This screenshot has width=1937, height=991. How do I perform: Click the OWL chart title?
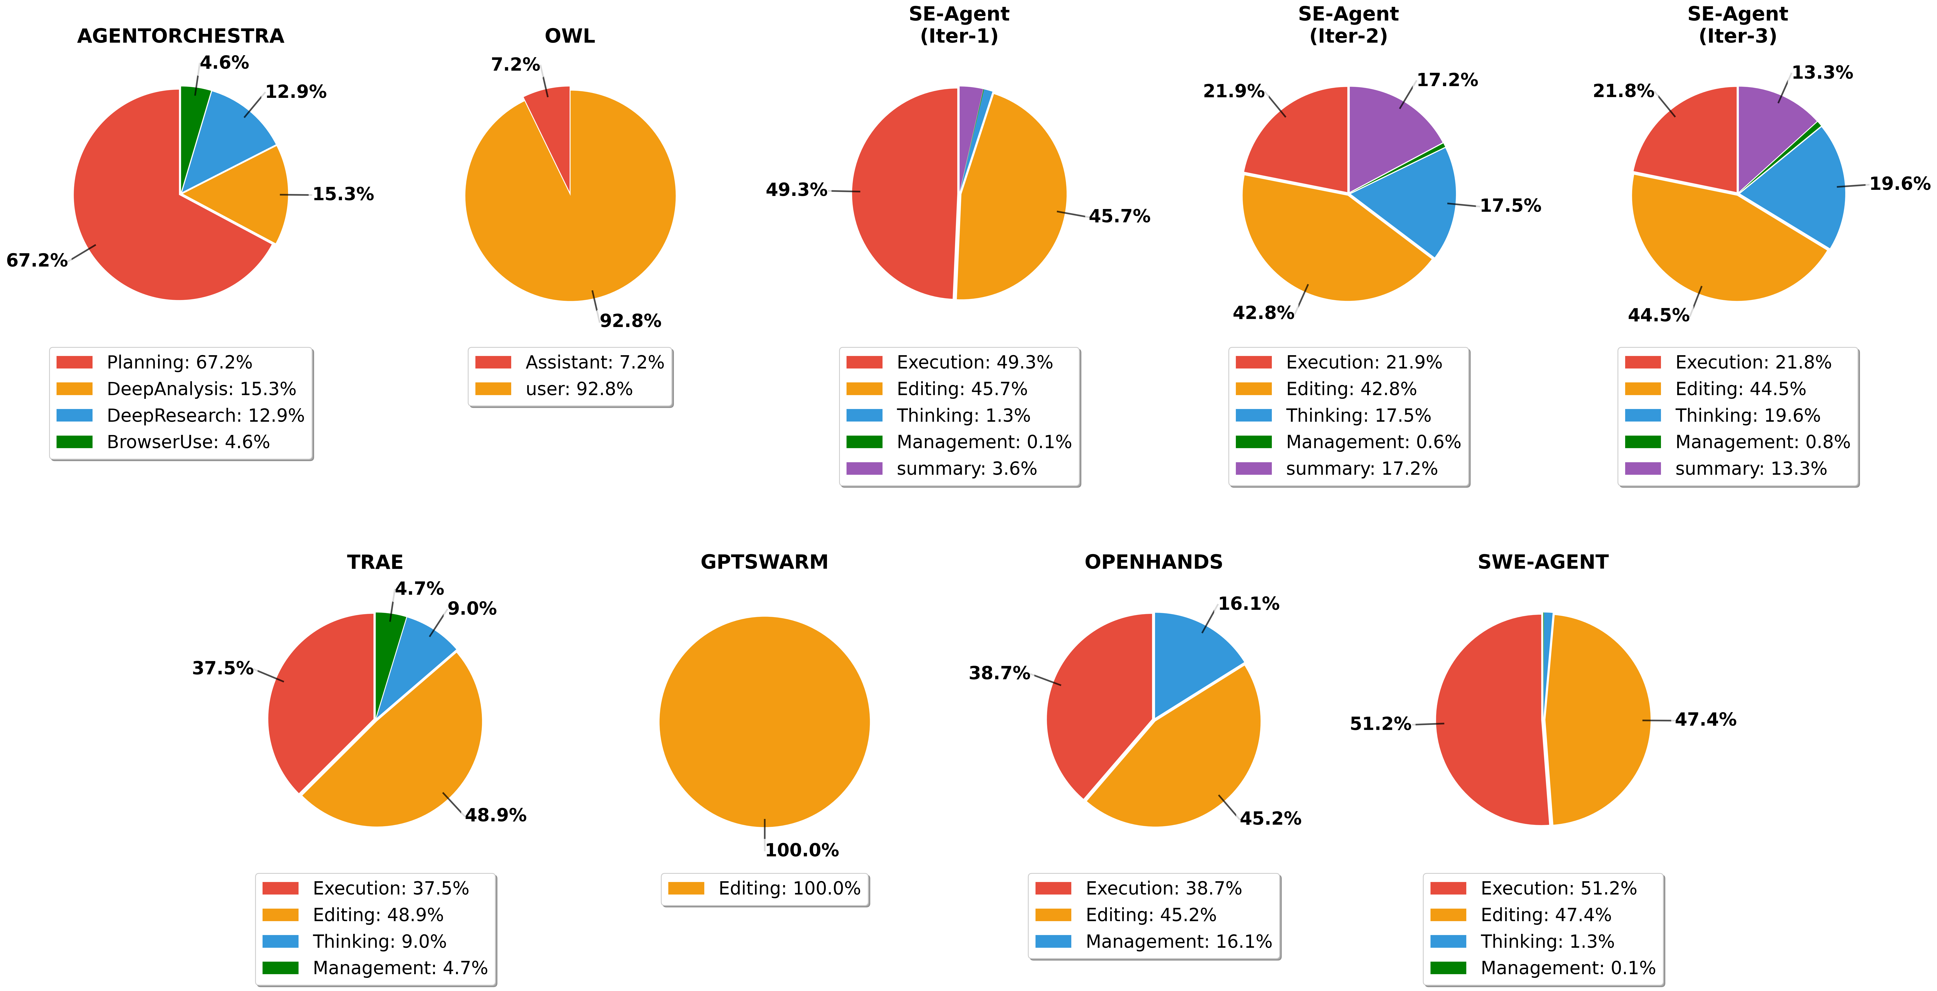569,36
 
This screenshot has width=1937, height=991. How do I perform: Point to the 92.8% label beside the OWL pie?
630,321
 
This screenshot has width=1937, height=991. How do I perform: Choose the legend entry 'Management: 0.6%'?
1372,442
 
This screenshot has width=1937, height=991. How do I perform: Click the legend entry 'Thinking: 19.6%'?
1747,416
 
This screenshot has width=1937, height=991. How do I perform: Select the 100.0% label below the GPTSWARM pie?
802,850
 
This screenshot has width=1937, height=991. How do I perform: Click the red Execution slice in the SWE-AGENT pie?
1489,722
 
